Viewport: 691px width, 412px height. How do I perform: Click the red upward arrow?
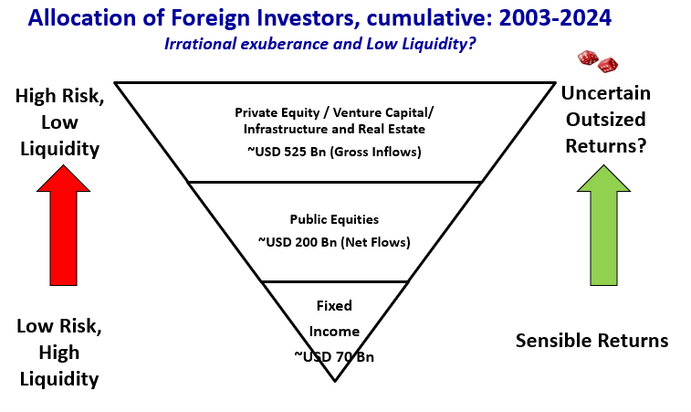click(64, 226)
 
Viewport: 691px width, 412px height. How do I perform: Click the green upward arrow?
click(603, 226)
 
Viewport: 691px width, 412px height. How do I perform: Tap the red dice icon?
click(598, 61)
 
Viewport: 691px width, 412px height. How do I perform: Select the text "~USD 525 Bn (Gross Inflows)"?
click(334, 152)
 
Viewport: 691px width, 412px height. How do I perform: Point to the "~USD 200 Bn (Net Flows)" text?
click(334, 242)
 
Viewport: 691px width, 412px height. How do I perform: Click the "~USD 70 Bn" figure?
click(334, 356)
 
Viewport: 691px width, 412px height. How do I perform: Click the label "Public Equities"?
click(334, 219)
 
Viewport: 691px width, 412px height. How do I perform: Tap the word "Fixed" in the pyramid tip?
click(334, 306)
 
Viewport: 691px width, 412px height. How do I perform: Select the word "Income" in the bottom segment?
click(334, 332)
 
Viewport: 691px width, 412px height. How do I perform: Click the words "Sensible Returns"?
click(592, 341)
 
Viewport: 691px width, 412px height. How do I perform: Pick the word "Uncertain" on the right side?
click(605, 93)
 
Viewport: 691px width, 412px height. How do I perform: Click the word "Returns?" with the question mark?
click(605, 146)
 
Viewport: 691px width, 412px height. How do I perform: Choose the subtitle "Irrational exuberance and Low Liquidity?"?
click(319, 44)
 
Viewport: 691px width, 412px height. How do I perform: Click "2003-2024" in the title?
click(556, 18)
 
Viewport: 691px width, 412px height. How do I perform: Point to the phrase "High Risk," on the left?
click(60, 96)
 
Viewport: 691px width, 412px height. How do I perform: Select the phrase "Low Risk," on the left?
click(59, 326)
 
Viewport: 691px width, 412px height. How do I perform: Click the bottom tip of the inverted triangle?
click(335, 381)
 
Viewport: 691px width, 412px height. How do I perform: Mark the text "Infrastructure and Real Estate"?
click(334, 129)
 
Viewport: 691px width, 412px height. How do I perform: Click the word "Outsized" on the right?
click(605, 120)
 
